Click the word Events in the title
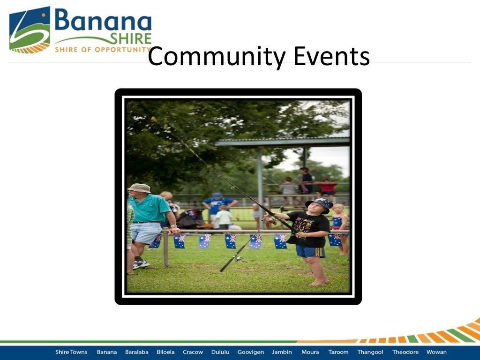pos(331,57)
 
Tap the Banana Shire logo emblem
pos(30,30)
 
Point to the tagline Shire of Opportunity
pos(101,49)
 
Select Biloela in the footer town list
pos(165,352)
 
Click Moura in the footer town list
pos(310,352)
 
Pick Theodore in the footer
pos(405,352)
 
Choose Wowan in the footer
pos(436,352)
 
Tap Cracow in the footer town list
pos(193,352)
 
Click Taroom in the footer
pos(338,352)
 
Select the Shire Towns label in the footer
pos(71,352)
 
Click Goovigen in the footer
pos(250,352)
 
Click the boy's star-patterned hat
pos(320,203)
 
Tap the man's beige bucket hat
pos(139,188)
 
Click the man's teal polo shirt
pos(150,209)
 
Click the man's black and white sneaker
pos(141,264)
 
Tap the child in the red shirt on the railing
pos(328,187)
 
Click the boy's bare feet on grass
pos(319,282)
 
